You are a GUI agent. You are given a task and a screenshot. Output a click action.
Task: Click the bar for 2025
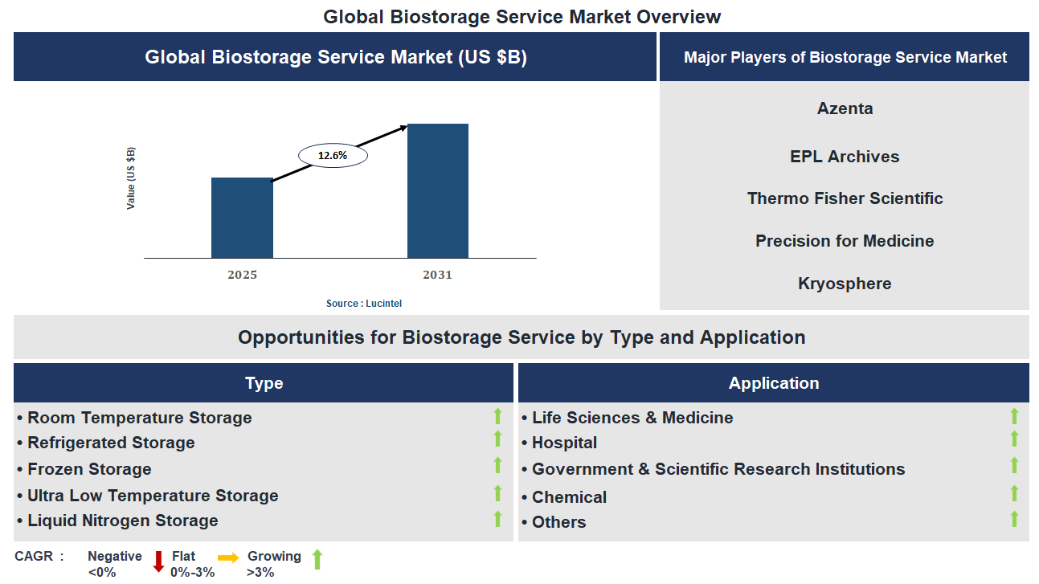pos(242,218)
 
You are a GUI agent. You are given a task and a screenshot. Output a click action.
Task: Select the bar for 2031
pos(437,191)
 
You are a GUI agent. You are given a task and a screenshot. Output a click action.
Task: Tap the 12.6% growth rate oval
pos(333,156)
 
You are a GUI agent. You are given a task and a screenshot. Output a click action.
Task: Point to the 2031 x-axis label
pos(437,275)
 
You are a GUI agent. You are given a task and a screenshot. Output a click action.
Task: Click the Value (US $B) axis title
pos(131,178)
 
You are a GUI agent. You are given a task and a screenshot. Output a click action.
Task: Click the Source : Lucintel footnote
pos(363,304)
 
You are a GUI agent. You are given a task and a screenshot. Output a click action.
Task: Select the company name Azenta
pos(845,108)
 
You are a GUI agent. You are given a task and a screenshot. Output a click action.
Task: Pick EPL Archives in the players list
pos(845,157)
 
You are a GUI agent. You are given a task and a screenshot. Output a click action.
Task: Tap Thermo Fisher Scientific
pos(845,198)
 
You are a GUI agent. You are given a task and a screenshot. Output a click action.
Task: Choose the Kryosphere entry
pos(845,284)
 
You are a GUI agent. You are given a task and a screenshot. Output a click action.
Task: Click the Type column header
pos(264,383)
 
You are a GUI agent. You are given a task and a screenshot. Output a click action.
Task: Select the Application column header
pos(773,383)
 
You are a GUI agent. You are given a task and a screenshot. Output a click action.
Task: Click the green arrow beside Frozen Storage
pos(497,466)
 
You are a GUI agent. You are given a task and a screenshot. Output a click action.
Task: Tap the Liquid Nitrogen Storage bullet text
pos(122,521)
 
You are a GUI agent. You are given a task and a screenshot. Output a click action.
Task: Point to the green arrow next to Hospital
pos(1014,439)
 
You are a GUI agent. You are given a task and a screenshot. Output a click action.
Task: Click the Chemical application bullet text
pos(569,497)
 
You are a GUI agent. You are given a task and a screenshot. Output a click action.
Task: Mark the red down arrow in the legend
pos(158,562)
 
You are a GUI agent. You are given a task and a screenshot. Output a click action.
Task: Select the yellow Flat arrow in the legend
pos(228,557)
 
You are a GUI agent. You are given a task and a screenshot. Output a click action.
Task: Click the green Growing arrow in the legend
pos(317,560)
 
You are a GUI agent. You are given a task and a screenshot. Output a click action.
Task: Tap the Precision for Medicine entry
pos(845,241)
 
